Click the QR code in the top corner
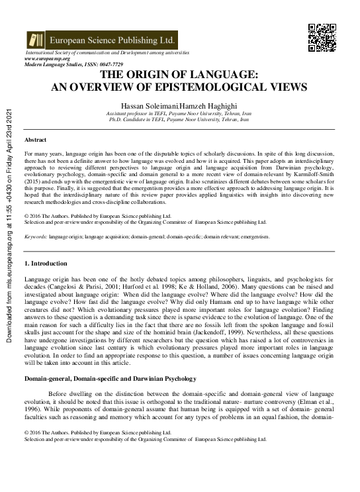click(x=322, y=38)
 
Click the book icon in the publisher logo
click(x=35, y=39)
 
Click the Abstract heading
click(x=35, y=140)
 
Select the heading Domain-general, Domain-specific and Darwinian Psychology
click(x=111, y=378)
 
